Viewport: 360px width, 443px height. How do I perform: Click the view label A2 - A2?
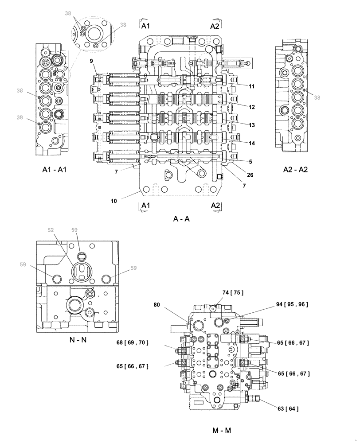tap(295, 170)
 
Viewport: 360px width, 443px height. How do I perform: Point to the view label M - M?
tap(221, 430)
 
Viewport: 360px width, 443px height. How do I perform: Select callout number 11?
tap(251, 86)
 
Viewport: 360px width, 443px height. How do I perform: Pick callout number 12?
tap(251, 107)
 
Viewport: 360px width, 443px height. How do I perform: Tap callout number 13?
tap(251, 125)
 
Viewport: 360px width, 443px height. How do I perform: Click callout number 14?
tap(251, 144)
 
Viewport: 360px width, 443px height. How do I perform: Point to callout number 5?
tap(250, 162)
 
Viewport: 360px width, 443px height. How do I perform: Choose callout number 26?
tap(250, 175)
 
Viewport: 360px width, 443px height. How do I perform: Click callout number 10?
tap(114, 201)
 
